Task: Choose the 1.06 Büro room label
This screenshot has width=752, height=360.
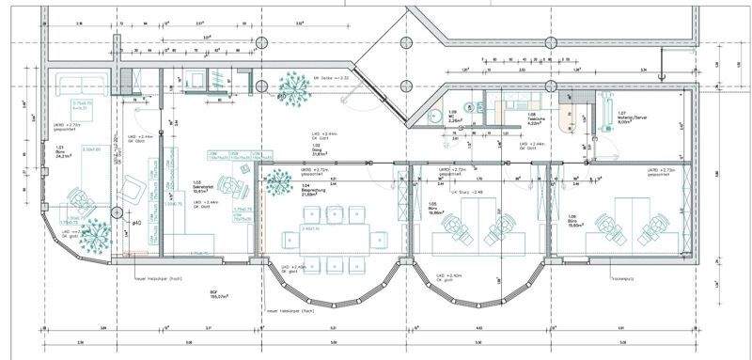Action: coord(571,209)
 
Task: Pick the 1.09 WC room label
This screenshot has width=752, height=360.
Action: coord(452,117)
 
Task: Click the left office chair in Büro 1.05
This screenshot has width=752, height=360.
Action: coord(454,226)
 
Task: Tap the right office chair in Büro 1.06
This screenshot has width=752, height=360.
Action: coord(653,226)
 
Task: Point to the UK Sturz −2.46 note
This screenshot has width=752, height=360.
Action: coord(466,191)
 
